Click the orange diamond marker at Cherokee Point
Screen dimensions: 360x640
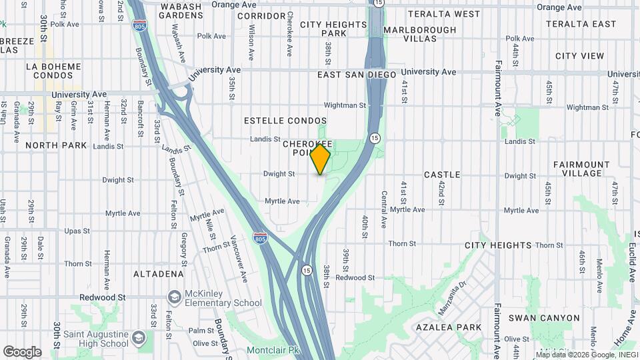click(x=321, y=159)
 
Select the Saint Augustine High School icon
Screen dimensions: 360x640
click(x=139, y=338)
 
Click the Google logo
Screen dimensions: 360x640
click(x=22, y=352)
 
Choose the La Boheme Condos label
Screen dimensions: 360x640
click(x=53, y=71)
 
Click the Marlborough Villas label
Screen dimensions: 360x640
click(x=420, y=34)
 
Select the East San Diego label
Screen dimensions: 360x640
click(x=357, y=75)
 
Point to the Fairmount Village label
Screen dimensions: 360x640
click(x=581, y=169)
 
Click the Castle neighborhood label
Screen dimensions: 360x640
click(x=442, y=175)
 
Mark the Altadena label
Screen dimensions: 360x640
click(x=159, y=274)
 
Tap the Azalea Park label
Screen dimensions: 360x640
click(x=448, y=327)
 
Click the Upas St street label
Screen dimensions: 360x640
click(x=77, y=231)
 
